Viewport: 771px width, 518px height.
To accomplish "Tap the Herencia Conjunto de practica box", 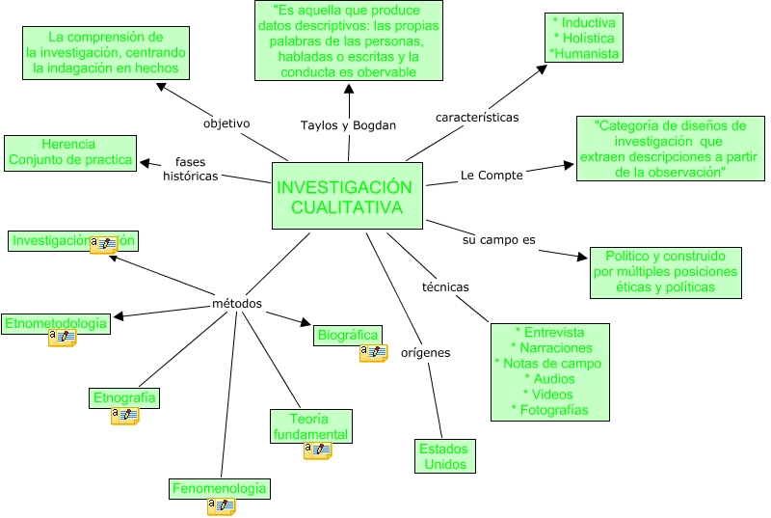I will point(70,152).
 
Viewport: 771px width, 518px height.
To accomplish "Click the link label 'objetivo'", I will point(226,123).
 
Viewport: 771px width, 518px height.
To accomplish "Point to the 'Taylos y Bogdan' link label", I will point(348,125).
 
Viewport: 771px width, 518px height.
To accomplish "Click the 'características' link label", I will point(477,118).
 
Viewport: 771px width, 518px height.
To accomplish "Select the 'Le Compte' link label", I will point(492,176).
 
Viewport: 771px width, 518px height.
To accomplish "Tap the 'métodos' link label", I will point(237,304).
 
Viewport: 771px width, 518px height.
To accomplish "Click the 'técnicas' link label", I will point(445,286).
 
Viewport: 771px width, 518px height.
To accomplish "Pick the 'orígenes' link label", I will point(426,352).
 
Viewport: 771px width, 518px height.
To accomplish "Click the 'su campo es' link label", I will point(499,238).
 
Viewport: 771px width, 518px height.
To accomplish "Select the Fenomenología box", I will point(219,489).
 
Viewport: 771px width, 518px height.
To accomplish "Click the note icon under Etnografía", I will point(125,416).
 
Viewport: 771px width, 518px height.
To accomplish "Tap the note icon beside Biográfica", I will point(373,353).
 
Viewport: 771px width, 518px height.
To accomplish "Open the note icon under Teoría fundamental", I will point(317,450).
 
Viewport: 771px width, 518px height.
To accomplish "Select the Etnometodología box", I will point(55,324).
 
